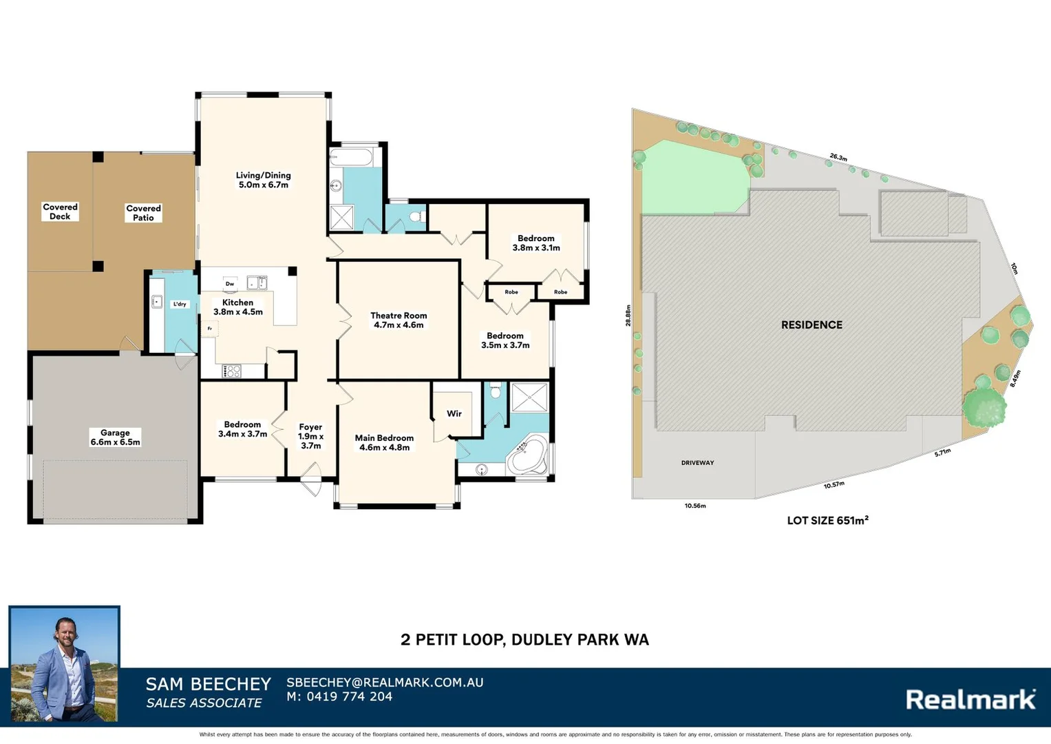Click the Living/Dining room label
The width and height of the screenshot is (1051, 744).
263,180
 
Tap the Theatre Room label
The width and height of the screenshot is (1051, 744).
399,320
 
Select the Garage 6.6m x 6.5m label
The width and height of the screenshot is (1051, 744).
115,437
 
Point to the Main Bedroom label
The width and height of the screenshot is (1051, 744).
384,442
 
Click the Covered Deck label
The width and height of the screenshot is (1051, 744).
60,211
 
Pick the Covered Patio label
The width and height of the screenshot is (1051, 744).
143,213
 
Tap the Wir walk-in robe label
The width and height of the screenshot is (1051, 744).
454,413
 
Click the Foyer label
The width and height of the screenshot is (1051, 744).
310,436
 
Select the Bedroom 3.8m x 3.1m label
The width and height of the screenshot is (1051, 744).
535,243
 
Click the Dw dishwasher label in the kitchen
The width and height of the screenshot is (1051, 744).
230,284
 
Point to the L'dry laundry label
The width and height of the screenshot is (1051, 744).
180,304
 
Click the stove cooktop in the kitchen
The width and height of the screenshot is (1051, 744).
232,371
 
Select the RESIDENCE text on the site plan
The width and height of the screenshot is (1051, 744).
811,324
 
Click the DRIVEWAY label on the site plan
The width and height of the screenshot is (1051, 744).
697,463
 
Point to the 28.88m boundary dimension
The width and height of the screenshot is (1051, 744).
628,316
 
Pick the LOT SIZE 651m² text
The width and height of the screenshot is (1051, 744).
827,520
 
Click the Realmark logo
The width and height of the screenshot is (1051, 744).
970,699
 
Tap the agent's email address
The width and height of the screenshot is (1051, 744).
385,682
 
